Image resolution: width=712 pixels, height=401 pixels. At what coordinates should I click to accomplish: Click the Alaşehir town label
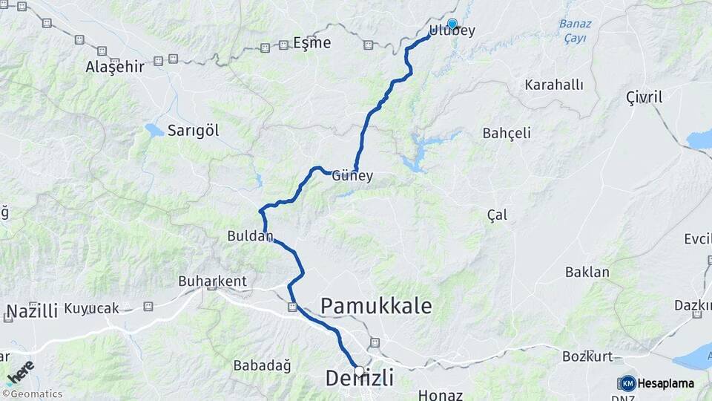pos(114,67)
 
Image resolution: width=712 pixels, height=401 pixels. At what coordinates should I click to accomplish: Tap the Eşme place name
pos(311,43)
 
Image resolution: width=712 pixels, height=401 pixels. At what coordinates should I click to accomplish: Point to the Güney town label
pos(352,177)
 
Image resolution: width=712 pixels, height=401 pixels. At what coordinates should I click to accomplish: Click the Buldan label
pos(250,237)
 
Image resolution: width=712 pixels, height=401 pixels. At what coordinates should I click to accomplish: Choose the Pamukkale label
pos(375,305)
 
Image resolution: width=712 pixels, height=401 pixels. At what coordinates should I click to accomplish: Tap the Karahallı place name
pos(553,85)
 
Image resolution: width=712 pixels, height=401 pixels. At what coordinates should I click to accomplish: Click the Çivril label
pos(644,97)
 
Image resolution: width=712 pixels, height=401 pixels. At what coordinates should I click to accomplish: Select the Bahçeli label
pos(507,134)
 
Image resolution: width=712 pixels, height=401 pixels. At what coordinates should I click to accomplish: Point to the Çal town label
pos(497,215)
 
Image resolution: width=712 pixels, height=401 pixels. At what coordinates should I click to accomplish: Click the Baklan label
pos(587,272)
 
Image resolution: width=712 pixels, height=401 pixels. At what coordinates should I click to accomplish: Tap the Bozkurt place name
pos(587,356)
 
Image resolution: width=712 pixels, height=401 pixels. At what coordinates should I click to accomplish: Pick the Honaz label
pos(441,395)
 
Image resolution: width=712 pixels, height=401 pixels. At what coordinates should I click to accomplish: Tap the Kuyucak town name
pos(91,307)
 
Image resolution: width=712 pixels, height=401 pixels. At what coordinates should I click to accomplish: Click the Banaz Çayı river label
pos(573,31)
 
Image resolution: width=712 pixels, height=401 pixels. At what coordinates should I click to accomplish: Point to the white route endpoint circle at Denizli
pos(360,371)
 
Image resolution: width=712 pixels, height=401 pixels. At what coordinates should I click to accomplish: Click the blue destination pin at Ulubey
pos(452,24)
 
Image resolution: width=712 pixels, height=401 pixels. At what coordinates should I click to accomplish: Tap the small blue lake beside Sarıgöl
pos(154,131)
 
